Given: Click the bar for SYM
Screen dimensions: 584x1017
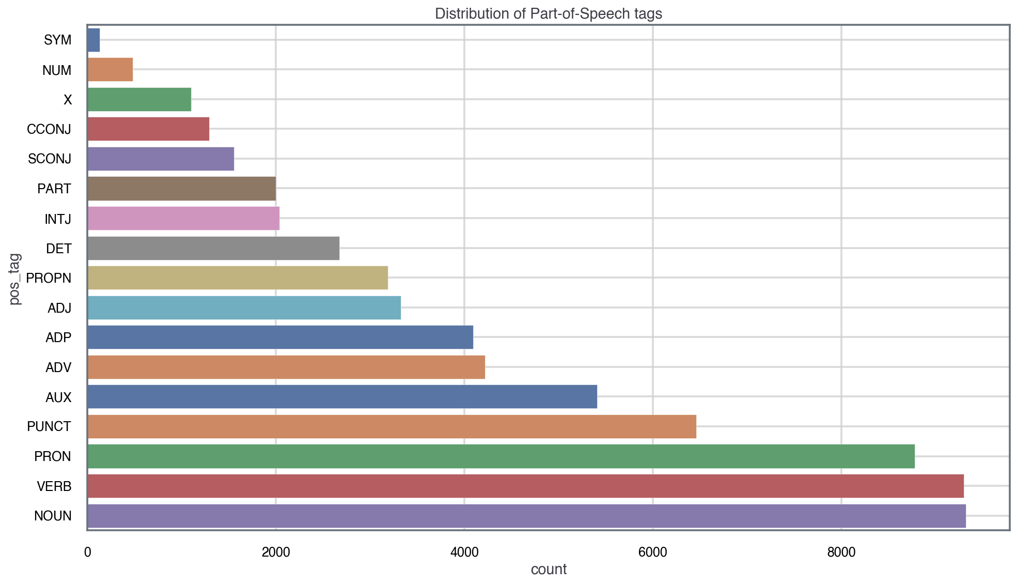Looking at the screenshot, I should pos(93,40).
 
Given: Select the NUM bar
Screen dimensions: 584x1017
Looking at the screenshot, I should pos(110,70).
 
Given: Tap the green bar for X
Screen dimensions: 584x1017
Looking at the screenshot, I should pos(139,99).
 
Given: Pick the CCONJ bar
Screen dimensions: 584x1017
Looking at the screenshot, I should pos(148,129).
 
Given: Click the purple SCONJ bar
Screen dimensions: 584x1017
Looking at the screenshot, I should pos(161,159).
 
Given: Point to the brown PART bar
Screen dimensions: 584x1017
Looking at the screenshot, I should pos(181,189).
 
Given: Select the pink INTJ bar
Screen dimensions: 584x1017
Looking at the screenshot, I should pos(183,218).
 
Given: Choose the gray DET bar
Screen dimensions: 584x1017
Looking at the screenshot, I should pos(213,248).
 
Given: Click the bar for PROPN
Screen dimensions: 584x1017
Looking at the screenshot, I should pos(238,278).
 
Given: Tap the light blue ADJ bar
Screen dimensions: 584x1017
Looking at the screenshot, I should pos(244,308).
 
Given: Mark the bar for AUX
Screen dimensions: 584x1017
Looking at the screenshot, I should pos(342,397).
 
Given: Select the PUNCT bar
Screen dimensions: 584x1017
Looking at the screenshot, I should pos(392,426).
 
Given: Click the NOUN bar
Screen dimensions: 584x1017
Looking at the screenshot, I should pos(526,516).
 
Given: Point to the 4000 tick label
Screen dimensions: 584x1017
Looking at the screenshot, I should pos(464,552).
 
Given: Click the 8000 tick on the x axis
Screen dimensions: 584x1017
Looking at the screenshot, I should pos(841,552).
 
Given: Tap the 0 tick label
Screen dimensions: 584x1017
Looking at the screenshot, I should pos(87,552).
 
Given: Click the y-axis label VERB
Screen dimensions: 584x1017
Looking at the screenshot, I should pos(54,486).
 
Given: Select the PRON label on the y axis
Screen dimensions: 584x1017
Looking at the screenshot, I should pos(53,457).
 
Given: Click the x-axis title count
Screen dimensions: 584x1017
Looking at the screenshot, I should pos(549,570).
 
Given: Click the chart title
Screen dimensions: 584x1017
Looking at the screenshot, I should pos(549,13).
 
